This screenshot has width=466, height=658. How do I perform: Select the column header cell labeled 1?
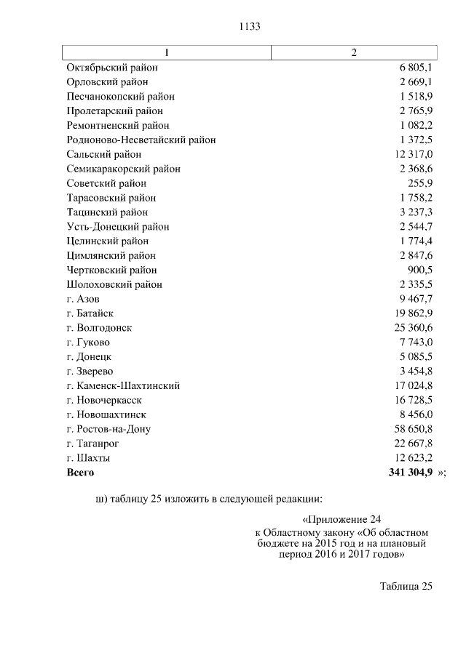point(167,53)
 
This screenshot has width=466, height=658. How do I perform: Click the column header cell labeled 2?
point(354,53)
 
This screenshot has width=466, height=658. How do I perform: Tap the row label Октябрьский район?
point(112,68)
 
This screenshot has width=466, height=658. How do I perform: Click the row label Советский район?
point(106,183)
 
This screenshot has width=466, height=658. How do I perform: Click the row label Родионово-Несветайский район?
point(141,140)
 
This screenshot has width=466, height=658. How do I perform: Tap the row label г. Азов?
point(83,299)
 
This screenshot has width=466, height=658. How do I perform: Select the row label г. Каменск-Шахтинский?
point(123,385)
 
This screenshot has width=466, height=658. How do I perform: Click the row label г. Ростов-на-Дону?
point(108,429)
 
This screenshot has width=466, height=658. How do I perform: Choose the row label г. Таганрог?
point(92,444)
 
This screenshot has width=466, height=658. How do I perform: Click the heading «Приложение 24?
point(341,520)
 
